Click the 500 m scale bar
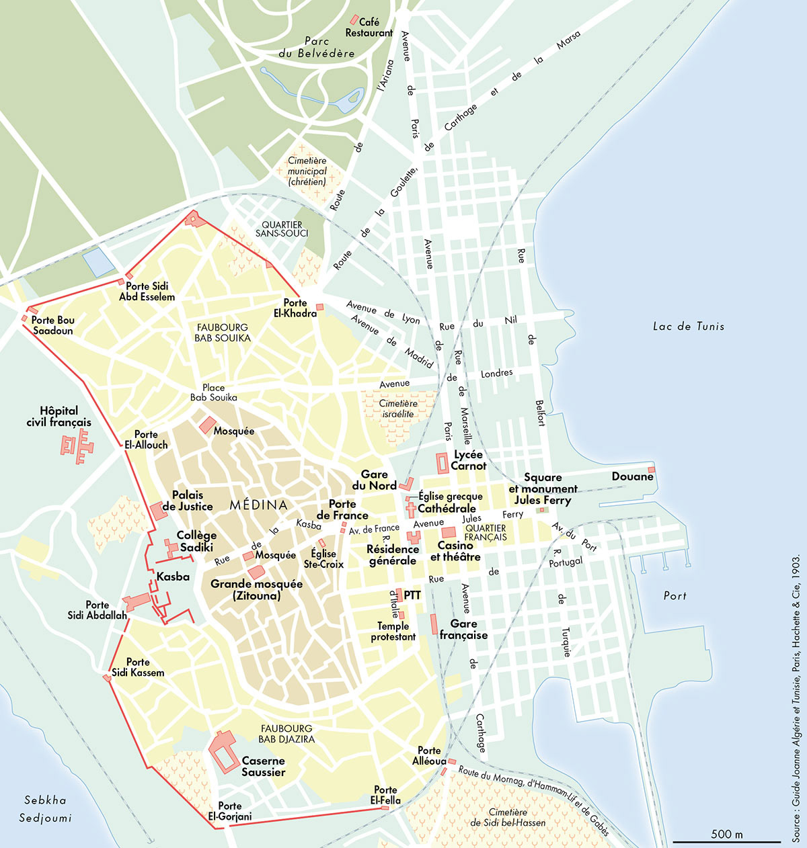726,841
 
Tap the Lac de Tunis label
689,327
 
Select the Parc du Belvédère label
316,47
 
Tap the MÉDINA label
258,505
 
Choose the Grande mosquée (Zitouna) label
256,589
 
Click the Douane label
632,476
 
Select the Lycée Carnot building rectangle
443,464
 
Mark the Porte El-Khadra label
295,308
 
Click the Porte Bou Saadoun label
53,325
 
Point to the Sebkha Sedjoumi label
45,809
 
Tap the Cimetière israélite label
398,409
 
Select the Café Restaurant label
369,28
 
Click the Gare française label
463,629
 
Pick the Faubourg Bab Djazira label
286,734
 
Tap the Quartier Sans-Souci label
282,229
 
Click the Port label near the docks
675,596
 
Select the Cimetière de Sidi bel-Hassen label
508,817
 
